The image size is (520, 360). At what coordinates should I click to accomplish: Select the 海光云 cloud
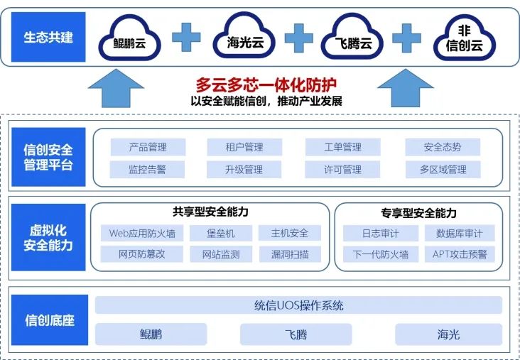click(244, 39)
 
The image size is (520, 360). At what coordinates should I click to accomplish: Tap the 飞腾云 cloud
click(354, 39)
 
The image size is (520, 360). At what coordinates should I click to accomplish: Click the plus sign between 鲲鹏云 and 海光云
click(187, 37)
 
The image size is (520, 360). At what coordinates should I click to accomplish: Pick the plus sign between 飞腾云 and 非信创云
click(407, 37)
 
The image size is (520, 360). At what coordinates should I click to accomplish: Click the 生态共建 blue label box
click(48, 37)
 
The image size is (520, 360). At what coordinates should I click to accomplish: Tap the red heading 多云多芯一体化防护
click(266, 85)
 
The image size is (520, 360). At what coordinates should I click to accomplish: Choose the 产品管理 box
click(148, 147)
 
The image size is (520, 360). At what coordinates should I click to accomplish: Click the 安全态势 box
click(443, 147)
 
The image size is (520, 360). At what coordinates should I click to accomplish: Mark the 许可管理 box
click(343, 170)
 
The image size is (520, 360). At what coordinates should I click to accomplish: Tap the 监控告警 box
click(148, 170)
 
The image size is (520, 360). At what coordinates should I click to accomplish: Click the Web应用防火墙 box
click(142, 233)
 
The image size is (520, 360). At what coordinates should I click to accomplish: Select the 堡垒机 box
click(220, 233)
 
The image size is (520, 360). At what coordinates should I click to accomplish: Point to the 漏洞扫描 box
click(290, 254)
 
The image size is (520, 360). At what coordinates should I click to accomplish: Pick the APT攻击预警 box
click(460, 254)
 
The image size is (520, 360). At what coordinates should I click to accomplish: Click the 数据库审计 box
click(460, 233)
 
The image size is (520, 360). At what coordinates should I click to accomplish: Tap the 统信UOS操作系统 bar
click(298, 305)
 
